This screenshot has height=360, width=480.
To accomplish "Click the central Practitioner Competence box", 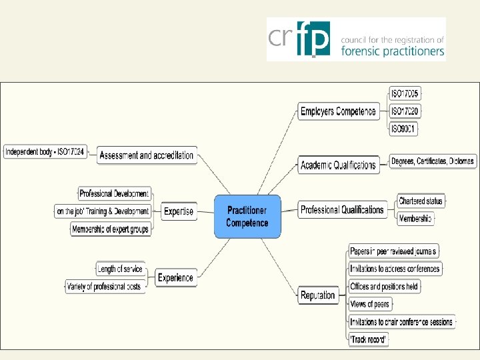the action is [247, 216].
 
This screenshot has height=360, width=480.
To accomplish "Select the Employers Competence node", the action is [338, 111].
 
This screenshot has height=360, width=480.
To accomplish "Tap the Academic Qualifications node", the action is [338, 165].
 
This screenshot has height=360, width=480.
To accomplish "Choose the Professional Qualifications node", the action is [341, 210].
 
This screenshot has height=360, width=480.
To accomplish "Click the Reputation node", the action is [317, 295].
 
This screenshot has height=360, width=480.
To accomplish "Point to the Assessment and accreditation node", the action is [146, 155].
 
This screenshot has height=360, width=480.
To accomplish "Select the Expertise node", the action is [179, 211].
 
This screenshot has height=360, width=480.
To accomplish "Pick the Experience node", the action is [175, 278].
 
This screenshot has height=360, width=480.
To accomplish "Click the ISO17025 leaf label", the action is [404, 94].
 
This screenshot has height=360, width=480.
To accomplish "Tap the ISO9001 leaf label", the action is [403, 129].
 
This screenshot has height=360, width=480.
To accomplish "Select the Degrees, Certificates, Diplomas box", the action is [432, 161].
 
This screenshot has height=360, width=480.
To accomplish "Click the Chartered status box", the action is [420, 201].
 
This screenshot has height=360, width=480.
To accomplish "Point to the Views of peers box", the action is [369, 304].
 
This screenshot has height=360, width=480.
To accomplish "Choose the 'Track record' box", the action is [369, 340].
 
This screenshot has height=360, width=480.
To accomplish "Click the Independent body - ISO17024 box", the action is [45, 152].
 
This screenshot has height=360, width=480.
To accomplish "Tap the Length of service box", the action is [120, 269].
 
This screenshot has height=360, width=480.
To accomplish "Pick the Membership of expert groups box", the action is [110, 229].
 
